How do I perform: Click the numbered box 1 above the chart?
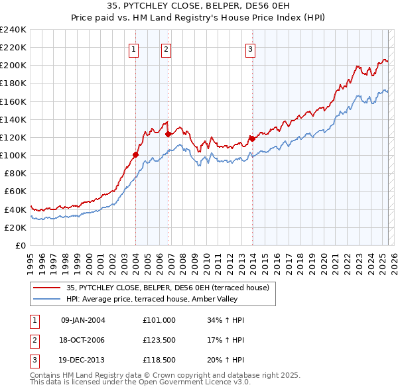click(133, 48)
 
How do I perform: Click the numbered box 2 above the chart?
click(166, 48)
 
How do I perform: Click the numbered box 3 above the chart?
click(250, 48)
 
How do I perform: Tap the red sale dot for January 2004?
click(135, 154)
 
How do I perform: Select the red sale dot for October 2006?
click(168, 134)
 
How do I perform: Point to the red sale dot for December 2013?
click(252, 139)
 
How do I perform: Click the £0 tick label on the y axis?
click(20, 245)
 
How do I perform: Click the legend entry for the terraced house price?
click(167, 288)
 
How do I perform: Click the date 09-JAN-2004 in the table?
click(83, 320)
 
